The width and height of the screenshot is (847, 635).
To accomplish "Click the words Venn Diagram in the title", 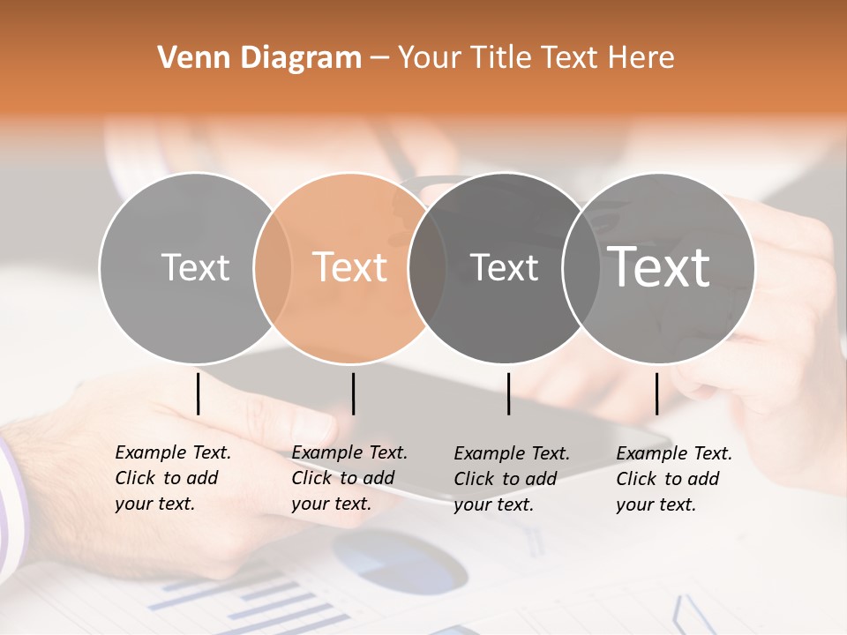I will pos(259,58).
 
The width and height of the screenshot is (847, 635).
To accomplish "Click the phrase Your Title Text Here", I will pos(536,58).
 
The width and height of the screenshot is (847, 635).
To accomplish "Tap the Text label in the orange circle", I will pos(350,267).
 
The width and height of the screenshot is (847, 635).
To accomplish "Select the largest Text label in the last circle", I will pos(659,266).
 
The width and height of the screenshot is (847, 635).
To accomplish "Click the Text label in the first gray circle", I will pos(195,267).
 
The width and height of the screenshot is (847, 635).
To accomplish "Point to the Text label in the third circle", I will pos(504,267).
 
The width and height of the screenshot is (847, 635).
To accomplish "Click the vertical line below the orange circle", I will pos(353,393).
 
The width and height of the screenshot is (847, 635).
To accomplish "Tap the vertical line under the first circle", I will pos(198,393).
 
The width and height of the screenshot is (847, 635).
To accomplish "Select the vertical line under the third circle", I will pos(508,393).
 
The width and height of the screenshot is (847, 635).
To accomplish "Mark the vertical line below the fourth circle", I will pos(656,393).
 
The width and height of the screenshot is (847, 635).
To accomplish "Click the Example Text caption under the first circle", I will pos(173,478).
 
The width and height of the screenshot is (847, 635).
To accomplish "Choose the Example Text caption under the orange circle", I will pos(349,478).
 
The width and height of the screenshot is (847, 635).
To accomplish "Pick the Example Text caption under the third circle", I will pos(512,479).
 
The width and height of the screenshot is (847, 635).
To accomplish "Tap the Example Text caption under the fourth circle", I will pos(674,479).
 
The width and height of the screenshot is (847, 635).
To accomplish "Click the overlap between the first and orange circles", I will pos(273,267).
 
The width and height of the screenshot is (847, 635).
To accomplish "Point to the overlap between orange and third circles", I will pos(426,267).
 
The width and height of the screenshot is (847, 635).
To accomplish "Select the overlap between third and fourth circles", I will pos(581,267).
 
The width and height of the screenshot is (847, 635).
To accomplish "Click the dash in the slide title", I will pos(379,59).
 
